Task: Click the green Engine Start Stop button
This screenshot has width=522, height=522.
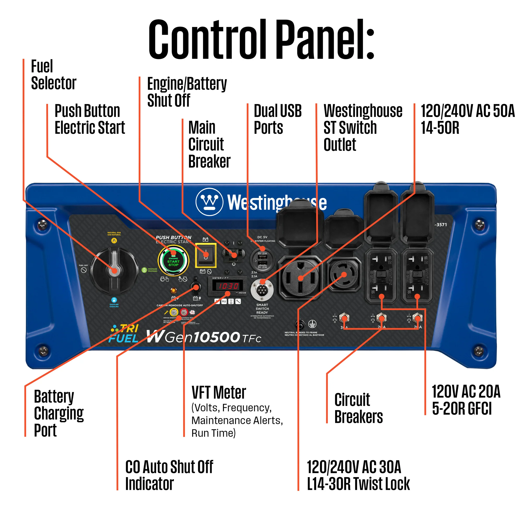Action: [x=173, y=261]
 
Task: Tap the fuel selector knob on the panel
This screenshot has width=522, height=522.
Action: [x=114, y=270]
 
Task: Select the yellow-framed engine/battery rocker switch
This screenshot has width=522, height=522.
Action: [x=206, y=255]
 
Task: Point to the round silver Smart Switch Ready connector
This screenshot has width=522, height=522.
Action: [x=262, y=290]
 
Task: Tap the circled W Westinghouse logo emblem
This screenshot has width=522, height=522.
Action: [x=209, y=202]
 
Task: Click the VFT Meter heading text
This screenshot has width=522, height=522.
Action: [x=218, y=392]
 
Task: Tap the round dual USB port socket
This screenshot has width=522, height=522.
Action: [x=262, y=259]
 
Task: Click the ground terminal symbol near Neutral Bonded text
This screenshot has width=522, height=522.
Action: [x=312, y=324]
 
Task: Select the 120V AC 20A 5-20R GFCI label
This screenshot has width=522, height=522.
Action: [x=466, y=400]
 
